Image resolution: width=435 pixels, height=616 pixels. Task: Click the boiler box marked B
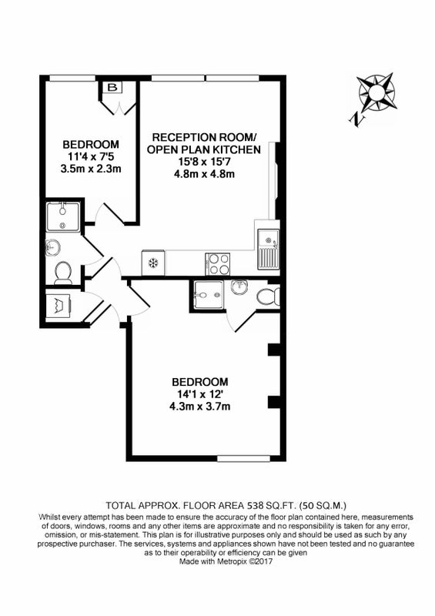112,88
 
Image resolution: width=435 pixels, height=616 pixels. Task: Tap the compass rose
376,92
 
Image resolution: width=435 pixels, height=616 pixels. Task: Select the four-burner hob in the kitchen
217,263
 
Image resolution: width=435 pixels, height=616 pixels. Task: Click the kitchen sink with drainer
269,249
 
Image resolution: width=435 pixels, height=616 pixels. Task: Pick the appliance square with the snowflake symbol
153,263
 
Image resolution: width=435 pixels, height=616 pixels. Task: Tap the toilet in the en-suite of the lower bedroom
269,296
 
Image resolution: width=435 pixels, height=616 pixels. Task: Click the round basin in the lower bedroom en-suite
239,287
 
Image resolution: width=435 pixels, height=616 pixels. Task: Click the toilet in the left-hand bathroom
63,273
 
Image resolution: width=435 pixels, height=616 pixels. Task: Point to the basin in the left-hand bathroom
52,247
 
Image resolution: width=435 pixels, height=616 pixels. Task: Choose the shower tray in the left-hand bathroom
63,216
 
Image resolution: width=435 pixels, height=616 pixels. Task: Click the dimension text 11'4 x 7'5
91,157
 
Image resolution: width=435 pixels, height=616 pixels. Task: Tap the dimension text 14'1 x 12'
200,393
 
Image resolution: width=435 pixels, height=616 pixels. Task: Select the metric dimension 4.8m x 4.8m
204,174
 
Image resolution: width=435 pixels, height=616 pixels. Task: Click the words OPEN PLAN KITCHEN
204,149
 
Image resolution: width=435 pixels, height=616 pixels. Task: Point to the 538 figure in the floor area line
254,505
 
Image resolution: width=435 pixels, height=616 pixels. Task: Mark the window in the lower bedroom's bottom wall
244,458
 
